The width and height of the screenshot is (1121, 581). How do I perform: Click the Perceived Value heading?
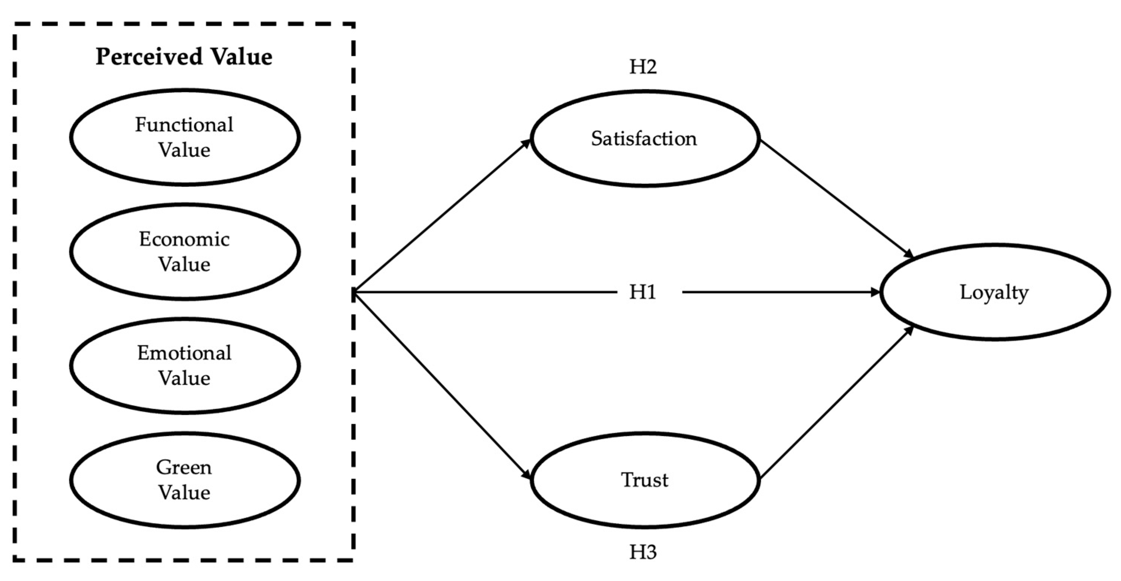pyautogui.click(x=184, y=57)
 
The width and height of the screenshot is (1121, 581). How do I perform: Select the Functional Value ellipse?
pyautogui.click(x=185, y=137)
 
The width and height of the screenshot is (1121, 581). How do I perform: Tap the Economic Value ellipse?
pyautogui.click(x=185, y=252)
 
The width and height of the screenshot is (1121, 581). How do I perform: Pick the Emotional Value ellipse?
pyautogui.click(x=185, y=366)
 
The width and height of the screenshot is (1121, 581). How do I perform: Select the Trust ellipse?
pyautogui.click(x=644, y=481)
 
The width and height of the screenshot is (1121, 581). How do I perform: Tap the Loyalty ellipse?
pyautogui.click(x=994, y=292)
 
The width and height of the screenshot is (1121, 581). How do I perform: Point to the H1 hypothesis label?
pyautogui.click(x=642, y=292)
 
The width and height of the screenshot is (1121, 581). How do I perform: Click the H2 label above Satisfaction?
pyautogui.click(x=643, y=67)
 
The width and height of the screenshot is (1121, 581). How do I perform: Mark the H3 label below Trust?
pyautogui.click(x=643, y=552)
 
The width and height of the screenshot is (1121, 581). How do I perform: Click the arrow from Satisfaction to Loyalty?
pyautogui.click(x=836, y=199)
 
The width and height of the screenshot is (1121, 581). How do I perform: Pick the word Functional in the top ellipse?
pyautogui.click(x=184, y=125)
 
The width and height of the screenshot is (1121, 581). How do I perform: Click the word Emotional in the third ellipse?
pyautogui.click(x=184, y=353)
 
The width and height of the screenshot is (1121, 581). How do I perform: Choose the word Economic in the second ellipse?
pyautogui.click(x=184, y=240)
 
